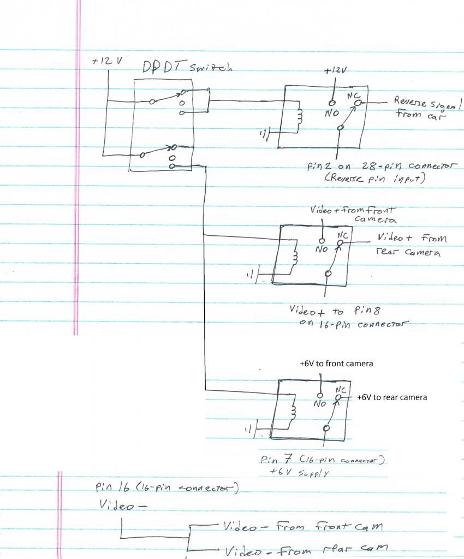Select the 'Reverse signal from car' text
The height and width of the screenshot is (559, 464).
click(424, 108)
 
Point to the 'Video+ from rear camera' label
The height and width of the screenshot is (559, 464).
click(411, 245)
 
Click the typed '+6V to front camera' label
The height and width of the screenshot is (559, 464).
click(336, 364)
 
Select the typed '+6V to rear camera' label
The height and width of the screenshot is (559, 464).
click(391, 397)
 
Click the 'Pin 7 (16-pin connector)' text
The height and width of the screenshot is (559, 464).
click(324, 461)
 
